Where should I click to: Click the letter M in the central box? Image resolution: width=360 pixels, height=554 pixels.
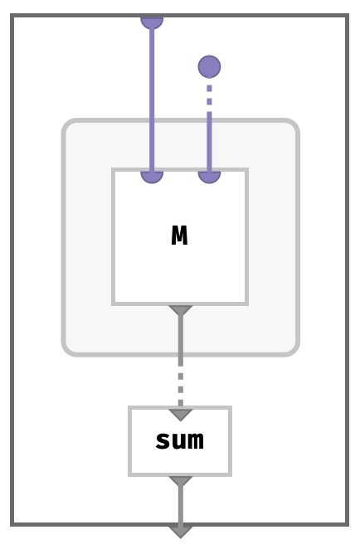pos(179,236)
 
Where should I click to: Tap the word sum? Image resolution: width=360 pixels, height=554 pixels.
pos(180,440)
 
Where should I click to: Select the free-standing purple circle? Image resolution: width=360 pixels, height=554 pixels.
pos(210,67)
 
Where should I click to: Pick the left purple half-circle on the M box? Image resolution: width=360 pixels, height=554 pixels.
pos(152,177)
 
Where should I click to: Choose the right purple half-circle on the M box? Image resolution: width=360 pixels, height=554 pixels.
pos(210,177)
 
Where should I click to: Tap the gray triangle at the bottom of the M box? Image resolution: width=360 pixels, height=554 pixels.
pos(181,310)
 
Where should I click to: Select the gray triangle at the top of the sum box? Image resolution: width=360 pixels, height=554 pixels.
pos(181,415)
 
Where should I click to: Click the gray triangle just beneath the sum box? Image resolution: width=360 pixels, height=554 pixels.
pos(181,481)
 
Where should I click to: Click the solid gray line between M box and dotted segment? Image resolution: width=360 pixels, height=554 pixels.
pos(181,340)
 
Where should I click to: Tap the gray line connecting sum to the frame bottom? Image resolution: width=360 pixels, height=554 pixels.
pos(181,506)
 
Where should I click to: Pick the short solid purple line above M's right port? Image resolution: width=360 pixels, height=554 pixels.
pos(210,142)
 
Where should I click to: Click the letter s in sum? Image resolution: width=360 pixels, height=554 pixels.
pos(163,441)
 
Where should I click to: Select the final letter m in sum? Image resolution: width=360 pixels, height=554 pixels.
pos(197,441)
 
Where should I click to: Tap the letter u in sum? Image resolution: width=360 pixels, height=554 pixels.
pos(180,441)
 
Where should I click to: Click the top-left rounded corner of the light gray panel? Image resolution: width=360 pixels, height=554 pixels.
pos(68,124)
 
